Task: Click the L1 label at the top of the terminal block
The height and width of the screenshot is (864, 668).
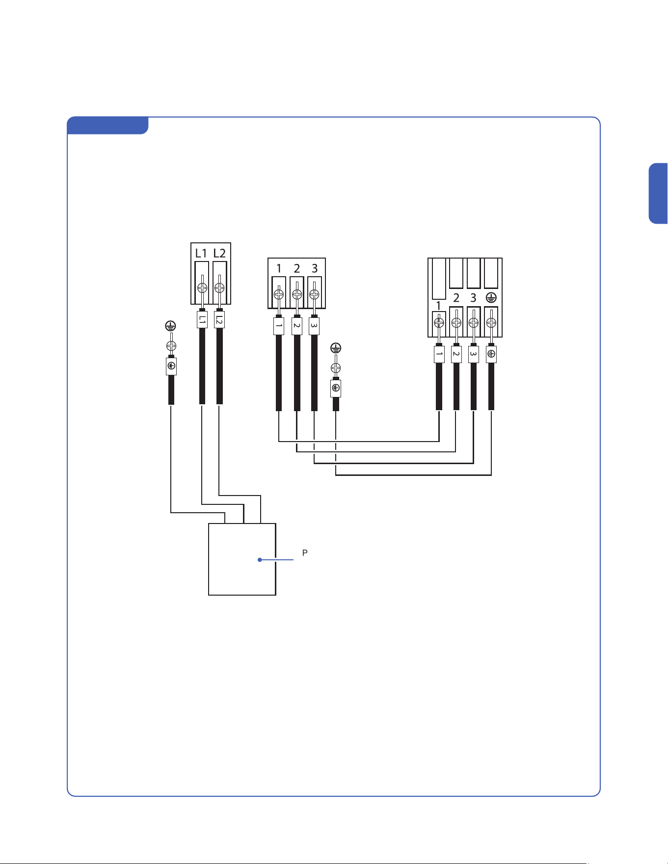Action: click(201, 253)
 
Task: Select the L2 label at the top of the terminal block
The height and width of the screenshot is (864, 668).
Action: click(219, 253)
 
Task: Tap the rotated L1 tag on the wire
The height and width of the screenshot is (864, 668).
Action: click(202, 320)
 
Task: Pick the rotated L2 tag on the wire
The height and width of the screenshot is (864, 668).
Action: click(219, 320)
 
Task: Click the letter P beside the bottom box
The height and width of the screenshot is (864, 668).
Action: click(305, 553)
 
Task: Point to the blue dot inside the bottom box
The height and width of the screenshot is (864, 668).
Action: click(260, 560)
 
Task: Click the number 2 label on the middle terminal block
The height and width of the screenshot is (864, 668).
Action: click(297, 268)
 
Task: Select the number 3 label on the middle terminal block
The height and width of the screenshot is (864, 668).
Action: click(315, 268)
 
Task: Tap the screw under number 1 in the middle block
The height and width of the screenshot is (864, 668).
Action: click(279, 294)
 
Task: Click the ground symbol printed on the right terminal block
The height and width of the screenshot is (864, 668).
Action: click(491, 297)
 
